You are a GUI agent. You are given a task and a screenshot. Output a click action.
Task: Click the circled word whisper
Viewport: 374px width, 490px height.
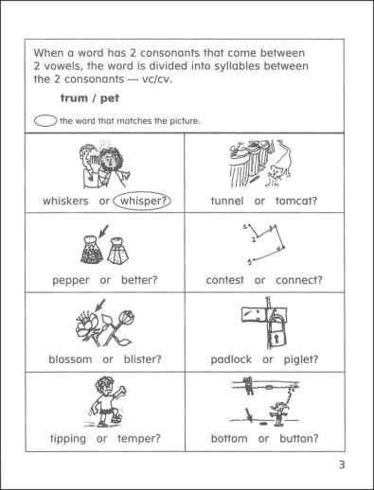142,201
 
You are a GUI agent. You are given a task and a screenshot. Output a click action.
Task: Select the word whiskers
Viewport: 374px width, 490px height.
65,201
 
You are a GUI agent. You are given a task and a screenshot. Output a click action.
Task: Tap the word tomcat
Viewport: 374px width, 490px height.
296,201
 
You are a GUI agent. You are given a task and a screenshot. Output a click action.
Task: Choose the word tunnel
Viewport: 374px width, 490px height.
227,201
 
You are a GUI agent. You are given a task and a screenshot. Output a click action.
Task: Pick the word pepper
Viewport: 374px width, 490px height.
71,280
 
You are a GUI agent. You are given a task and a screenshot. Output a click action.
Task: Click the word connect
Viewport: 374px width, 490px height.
299,280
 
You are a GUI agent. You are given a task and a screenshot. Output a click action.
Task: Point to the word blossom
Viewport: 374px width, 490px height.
70,359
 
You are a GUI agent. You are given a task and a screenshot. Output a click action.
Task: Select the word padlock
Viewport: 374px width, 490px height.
231,359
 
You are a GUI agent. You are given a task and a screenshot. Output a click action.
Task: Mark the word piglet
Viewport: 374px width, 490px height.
301,359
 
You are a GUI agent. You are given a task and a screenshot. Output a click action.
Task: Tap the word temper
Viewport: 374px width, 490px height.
139,439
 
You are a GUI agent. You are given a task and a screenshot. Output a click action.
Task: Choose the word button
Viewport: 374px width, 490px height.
299,438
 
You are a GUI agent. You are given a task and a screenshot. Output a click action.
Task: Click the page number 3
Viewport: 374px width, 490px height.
342,465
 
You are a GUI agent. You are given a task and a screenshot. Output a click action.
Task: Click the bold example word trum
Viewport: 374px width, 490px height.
74,98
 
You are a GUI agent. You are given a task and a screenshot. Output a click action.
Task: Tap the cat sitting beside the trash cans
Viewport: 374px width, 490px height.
276,176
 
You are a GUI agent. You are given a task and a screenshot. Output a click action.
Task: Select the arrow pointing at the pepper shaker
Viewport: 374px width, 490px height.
103,232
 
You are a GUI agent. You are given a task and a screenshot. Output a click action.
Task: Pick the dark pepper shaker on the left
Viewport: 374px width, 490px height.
92,250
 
